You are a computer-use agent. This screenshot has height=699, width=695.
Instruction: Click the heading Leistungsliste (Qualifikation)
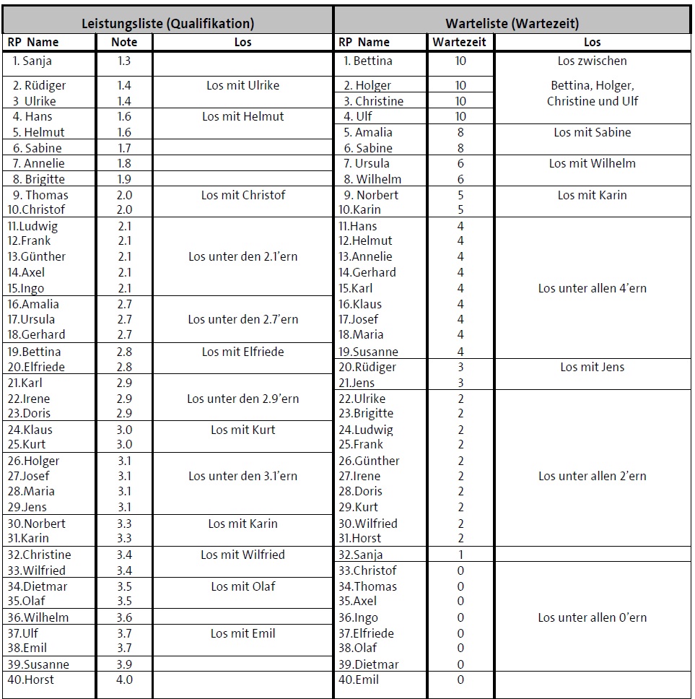(x=167, y=23)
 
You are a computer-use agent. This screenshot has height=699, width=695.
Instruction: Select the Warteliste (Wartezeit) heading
(x=512, y=23)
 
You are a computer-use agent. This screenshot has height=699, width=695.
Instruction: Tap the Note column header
(x=124, y=42)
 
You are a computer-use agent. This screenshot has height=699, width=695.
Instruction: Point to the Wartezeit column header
(x=460, y=42)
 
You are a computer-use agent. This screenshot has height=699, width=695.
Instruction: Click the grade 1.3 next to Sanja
(x=124, y=61)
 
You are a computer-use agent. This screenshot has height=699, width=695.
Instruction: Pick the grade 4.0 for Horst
(x=124, y=680)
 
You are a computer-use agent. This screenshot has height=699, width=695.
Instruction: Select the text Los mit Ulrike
(x=242, y=85)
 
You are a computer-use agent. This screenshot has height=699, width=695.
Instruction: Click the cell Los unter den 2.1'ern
(x=242, y=256)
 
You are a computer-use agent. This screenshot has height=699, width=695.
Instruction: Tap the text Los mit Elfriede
(x=242, y=352)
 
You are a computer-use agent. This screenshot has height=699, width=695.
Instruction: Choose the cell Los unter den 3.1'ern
(x=242, y=476)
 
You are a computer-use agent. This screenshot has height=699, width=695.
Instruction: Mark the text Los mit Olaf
(x=242, y=586)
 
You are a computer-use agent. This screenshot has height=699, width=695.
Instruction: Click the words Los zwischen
(x=592, y=61)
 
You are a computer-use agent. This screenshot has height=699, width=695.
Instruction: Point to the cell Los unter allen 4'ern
(x=592, y=288)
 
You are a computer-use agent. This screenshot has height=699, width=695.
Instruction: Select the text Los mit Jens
(x=592, y=367)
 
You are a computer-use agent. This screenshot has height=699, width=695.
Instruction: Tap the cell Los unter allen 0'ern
(x=592, y=617)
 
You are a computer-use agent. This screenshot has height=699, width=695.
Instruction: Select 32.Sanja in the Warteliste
(x=361, y=555)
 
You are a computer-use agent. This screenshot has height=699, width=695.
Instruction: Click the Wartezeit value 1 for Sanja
(x=460, y=555)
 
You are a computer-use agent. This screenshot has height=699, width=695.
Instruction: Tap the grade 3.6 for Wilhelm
(x=124, y=617)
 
